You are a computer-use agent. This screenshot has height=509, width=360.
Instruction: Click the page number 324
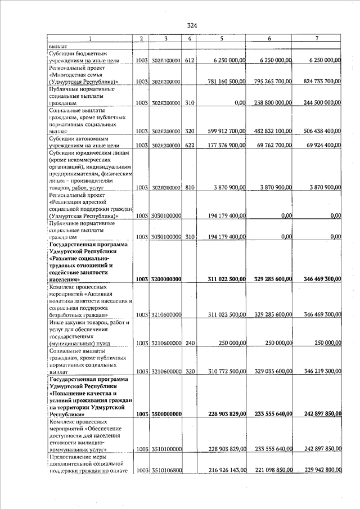192,25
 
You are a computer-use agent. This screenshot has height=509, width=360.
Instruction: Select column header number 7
318,38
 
